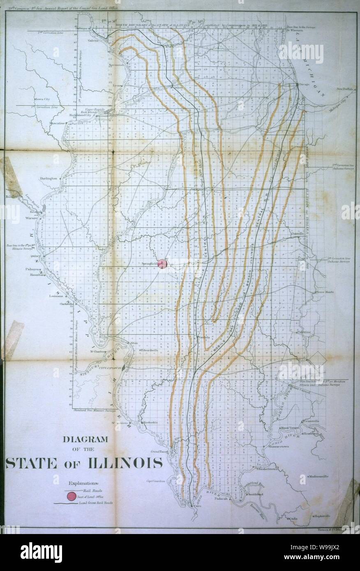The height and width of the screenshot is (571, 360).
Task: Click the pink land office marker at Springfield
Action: coord(163,264)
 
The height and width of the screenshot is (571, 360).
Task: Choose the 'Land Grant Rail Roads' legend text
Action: coord(97,502)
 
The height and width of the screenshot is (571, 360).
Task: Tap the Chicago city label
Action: coord(304,84)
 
